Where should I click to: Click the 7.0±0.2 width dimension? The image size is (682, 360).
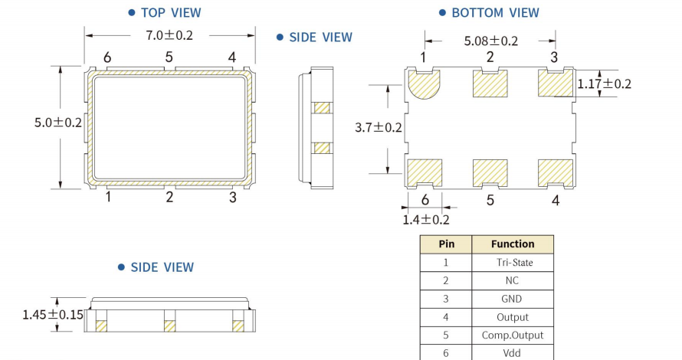[x=169, y=35]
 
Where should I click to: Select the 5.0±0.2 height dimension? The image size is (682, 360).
[x=58, y=123]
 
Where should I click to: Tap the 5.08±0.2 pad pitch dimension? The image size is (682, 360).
[x=491, y=41]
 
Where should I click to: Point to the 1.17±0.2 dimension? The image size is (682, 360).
[x=604, y=83]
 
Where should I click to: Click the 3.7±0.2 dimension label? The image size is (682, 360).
[x=379, y=127]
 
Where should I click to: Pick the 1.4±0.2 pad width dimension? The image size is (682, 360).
[x=426, y=220]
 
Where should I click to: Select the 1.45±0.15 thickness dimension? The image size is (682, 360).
[x=53, y=314]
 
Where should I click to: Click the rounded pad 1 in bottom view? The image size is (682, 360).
[x=424, y=84]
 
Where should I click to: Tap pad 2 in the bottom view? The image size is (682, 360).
[x=490, y=83]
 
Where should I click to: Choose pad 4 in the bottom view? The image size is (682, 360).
[x=556, y=173]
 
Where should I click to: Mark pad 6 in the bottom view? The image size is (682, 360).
[x=425, y=173]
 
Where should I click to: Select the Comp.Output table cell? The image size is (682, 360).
[x=513, y=335]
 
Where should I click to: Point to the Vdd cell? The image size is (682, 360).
[x=512, y=353]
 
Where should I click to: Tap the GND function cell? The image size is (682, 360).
[x=512, y=299]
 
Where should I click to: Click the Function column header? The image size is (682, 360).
[x=513, y=244]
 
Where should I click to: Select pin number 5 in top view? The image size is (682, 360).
[x=169, y=57]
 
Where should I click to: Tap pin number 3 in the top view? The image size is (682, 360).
[x=233, y=197]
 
